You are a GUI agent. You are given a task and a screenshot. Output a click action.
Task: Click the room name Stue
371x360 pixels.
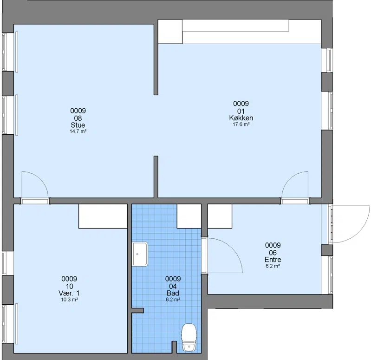pyautogui.click(x=78, y=125)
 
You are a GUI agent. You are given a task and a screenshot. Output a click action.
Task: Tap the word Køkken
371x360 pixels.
pyautogui.click(x=241, y=118)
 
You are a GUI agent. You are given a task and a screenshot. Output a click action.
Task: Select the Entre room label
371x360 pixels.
pyautogui.click(x=273, y=259)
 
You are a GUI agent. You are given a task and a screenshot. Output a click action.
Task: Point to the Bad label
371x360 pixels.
pyautogui.click(x=173, y=293)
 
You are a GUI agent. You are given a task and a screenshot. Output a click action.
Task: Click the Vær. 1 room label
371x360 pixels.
pyautogui.click(x=69, y=293)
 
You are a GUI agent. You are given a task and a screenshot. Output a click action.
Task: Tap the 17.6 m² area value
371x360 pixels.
pyautogui.click(x=241, y=124)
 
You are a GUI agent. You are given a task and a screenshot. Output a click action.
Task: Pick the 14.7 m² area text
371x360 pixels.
pyautogui.click(x=78, y=131)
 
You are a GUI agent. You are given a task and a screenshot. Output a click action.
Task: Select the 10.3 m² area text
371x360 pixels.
pyautogui.click(x=69, y=300)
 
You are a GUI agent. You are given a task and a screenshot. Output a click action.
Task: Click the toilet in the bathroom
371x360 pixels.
pyautogui.click(x=189, y=338)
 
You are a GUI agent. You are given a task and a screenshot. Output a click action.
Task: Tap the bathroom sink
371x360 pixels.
pyautogui.click(x=140, y=254)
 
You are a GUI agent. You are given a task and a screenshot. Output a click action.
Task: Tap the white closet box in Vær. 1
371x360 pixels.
pyautogui.click(x=103, y=216)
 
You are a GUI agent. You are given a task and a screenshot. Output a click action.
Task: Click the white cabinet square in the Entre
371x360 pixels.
pyautogui.click(x=220, y=216)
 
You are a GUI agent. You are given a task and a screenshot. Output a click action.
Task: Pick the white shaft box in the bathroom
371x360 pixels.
pyautogui.click(x=189, y=216)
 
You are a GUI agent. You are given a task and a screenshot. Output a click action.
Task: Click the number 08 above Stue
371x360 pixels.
pyautogui.click(x=78, y=118)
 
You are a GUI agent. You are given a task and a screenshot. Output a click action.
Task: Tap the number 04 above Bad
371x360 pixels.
pyautogui.click(x=173, y=286)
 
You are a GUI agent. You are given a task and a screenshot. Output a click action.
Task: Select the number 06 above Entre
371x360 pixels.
pyautogui.click(x=273, y=253)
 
